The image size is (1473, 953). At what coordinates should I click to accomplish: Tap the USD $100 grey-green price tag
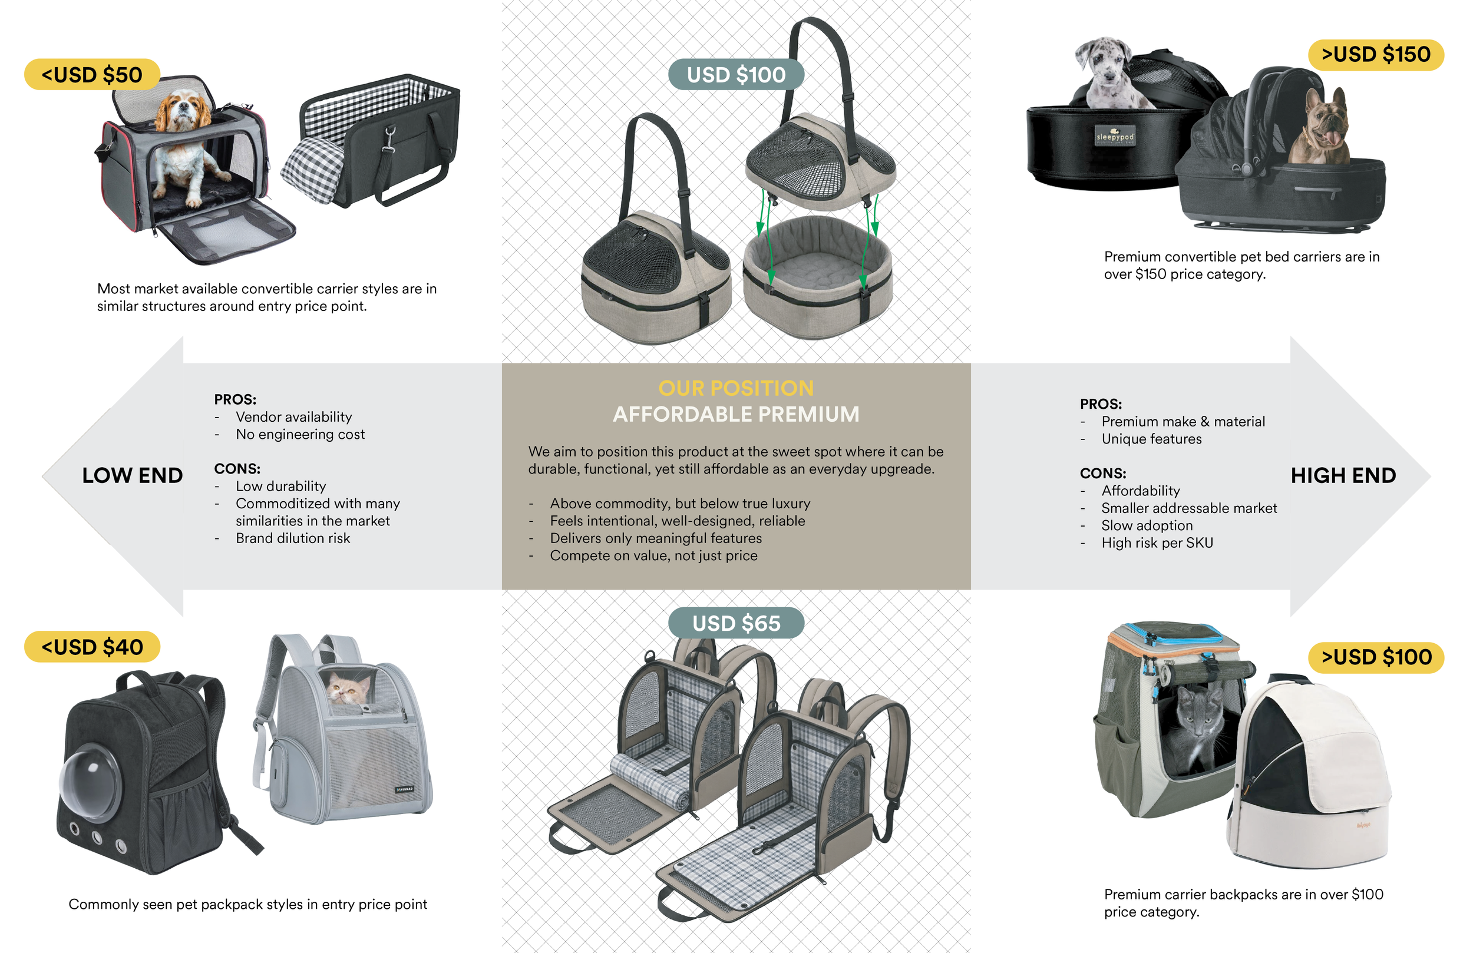tap(736, 75)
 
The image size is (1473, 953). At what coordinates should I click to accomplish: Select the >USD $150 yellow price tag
tap(1376, 54)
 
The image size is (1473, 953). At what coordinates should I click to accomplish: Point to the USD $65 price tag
tap(736, 623)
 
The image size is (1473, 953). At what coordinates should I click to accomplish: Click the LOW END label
tap(133, 475)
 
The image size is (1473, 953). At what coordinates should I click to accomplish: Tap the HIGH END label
tap(1343, 475)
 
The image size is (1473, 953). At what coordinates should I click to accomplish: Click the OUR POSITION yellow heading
tap(736, 388)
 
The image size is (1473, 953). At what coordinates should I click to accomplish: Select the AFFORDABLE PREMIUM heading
tap(736, 414)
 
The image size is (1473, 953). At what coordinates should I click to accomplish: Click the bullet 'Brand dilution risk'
tap(293, 538)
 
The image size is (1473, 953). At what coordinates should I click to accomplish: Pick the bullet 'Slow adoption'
tap(1147, 525)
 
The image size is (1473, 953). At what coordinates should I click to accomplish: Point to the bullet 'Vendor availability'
tap(293, 417)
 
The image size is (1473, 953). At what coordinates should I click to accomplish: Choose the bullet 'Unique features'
tap(1151, 439)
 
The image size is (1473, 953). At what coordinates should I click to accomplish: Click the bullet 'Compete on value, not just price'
tap(653, 555)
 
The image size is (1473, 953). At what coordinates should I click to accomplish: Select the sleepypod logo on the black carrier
tap(1115, 136)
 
